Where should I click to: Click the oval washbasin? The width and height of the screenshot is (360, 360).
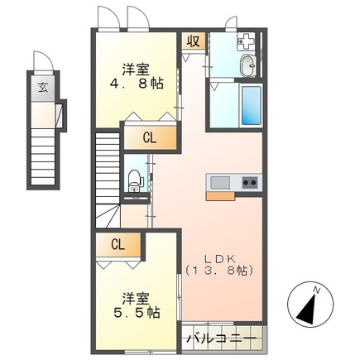click(x=246, y=67)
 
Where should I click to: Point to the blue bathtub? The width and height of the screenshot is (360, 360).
click(x=250, y=103)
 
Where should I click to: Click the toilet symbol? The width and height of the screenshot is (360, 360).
click(x=135, y=179)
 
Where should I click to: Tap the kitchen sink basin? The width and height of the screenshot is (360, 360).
click(x=220, y=182)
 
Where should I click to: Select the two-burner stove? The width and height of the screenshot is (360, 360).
click(x=249, y=182)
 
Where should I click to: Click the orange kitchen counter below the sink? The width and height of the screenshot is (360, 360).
click(x=220, y=196)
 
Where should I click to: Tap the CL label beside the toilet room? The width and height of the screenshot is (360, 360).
click(x=150, y=137)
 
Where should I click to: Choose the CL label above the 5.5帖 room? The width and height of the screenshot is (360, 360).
click(x=118, y=244)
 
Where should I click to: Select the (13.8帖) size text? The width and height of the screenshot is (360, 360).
click(x=218, y=271)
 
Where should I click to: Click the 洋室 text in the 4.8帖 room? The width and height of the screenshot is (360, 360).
click(x=137, y=68)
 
